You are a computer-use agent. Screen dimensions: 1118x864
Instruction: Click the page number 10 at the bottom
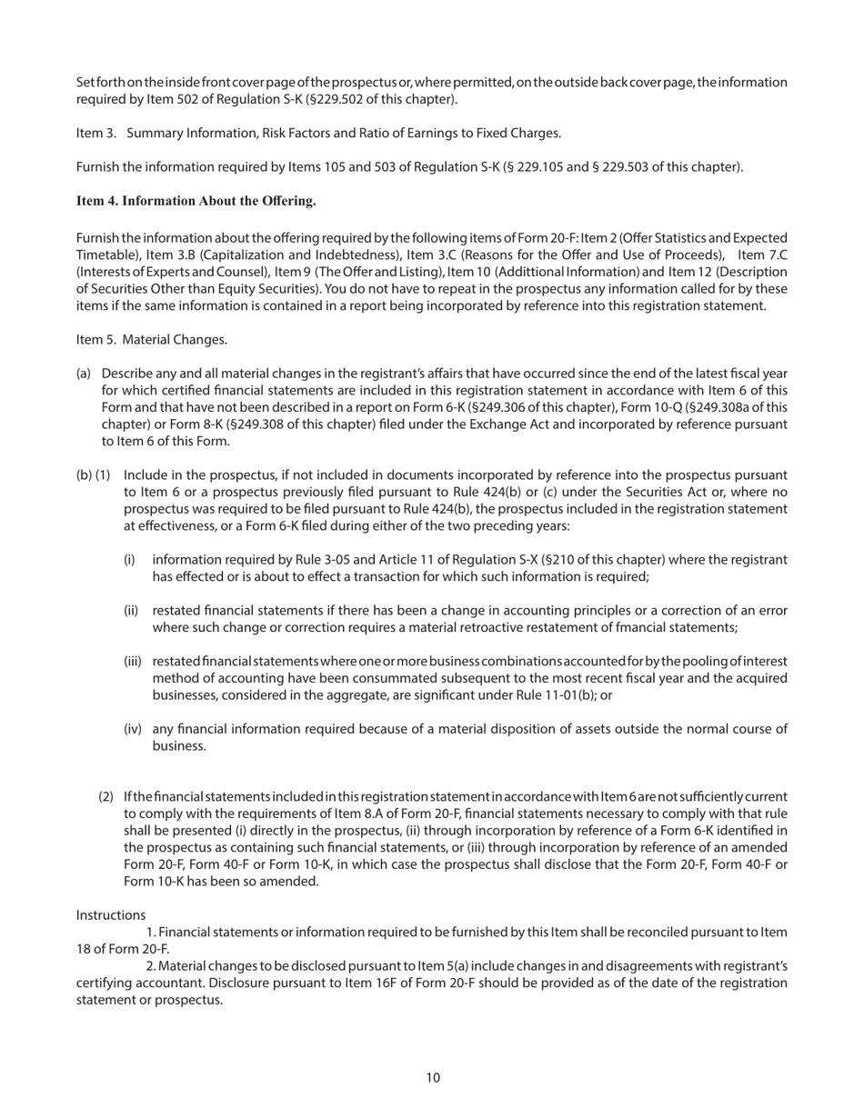point(432,1078)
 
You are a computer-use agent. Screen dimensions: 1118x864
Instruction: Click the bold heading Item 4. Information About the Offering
point(196,200)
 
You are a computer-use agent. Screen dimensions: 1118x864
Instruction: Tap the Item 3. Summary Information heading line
point(318,133)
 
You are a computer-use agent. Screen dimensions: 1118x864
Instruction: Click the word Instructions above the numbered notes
point(110,914)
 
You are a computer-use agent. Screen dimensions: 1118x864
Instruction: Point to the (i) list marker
point(129,560)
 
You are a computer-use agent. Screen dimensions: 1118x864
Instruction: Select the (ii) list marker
point(131,611)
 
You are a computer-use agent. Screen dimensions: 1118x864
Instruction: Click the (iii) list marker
point(133,661)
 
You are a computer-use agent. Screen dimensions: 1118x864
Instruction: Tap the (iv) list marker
point(132,729)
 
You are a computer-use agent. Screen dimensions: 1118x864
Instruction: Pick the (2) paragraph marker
point(106,797)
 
